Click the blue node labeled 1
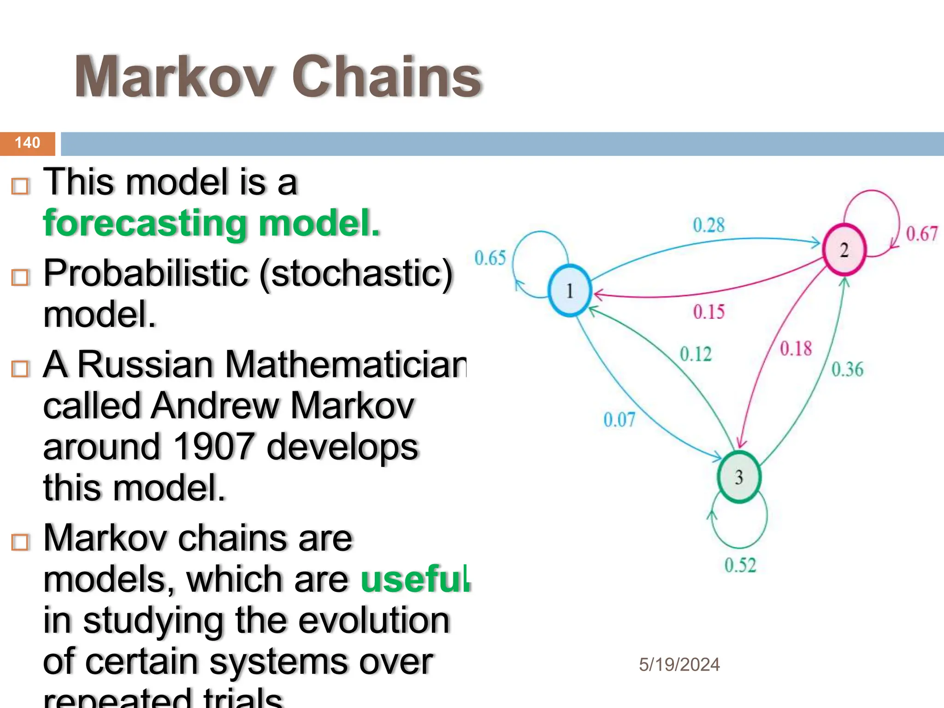pyautogui.click(x=570, y=291)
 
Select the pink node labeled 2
pyautogui.click(x=844, y=250)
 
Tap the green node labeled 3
pyautogui.click(x=738, y=477)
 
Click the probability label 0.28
pyautogui.click(x=709, y=225)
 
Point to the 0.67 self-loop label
pyautogui.click(x=921, y=234)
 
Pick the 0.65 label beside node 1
pyautogui.click(x=490, y=258)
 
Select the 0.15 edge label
pyautogui.click(x=709, y=312)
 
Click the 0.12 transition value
pyautogui.click(x=696, y=354)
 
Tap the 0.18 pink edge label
pyautogui.click(x=796, y=348)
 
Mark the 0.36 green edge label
pyautogui.click(x=847, y=369)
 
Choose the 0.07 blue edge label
pyautogui.click(x=619, y=419)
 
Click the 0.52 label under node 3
pyautogui.click(x=740, y=565)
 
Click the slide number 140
pyautogui.click(x=28, y=143)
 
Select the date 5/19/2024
pyautogui.click(x=679, y=665)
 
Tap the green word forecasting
pyautogui.click(x=145, y=223)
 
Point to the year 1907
pyautogui.click(x=214, y=447)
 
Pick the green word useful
pyautogui.click(x=414, y=579)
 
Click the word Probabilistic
pyautogui.click(x=147, y=273)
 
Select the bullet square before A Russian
pyautogui.click(x=20, y=369)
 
